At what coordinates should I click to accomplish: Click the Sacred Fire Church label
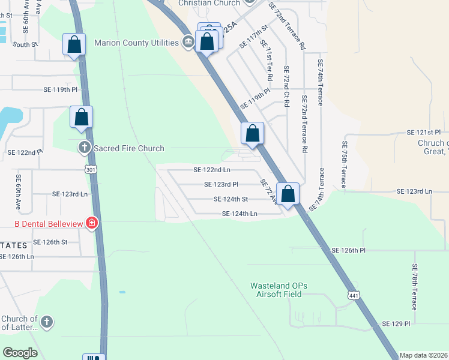click(129, 148)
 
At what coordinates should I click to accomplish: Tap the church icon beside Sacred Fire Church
click(85, 147)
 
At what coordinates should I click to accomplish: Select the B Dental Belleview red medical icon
click(91, 224)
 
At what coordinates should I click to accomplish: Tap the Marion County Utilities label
click(136, 43)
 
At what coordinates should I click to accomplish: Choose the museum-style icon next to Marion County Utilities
click(188, 42)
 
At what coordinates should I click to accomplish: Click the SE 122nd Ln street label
click(212, 170)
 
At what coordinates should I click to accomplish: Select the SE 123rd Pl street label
click(221, 185)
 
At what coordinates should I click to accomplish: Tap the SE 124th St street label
click(231, 199)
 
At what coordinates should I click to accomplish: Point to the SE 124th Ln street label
click(240, 214)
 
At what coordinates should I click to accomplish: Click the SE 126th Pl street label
click(353, 250)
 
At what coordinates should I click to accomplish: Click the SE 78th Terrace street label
click(415, 287)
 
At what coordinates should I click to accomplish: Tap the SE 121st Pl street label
click(424, 132)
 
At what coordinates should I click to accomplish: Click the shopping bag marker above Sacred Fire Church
click(81, 118)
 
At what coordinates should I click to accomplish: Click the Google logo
click(20, 353)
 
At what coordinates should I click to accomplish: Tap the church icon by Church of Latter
click(47, 322)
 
